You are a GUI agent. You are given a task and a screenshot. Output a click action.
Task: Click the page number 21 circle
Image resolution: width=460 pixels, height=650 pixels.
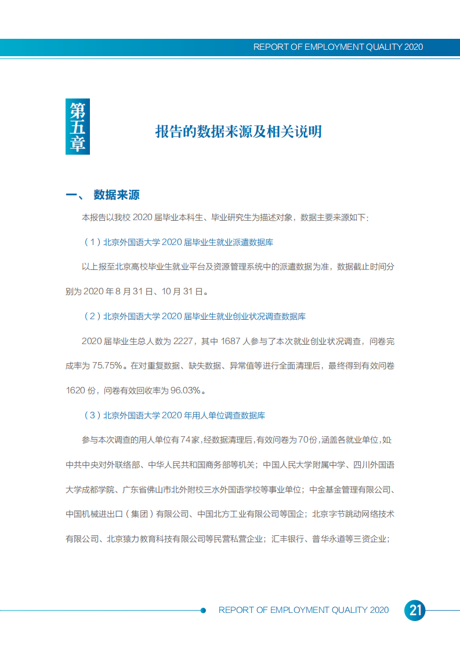pyautogui.click(x=415, y=610)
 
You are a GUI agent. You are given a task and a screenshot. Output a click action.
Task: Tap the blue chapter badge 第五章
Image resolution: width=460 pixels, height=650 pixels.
pyautogui.click(x=77, y=127)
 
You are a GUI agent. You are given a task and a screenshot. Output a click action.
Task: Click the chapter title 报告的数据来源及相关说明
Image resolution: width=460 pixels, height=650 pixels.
pyautogui.click(x=238, y=132)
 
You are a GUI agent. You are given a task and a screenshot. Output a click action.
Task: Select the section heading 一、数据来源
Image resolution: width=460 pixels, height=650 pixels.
pyautogui.click(x=103, y=195)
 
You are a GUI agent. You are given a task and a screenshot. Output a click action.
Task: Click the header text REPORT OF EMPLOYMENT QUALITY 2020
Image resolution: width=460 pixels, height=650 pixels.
pyautogui.click(x=338, y=47)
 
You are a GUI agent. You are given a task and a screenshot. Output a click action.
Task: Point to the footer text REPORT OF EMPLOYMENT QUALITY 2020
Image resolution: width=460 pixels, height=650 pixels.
pyautogui.click(x=303, y=610)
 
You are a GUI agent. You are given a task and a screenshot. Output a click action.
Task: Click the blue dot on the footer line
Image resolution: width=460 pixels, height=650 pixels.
pyautogui.click(x=203, y=610)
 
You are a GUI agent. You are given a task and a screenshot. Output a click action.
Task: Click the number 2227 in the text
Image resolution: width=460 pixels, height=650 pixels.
pyautogui.click(x=184, y=341)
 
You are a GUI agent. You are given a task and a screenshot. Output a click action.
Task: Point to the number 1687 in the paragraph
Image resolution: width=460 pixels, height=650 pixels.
pyautogui.click(x=231, y=341)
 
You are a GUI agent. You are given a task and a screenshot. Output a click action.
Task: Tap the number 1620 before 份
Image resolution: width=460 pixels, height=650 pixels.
pyautogui.click(x=75, y=390)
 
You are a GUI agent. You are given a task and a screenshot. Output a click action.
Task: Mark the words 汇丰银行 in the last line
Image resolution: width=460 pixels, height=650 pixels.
pyautogui.click(x=289, y=539)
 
